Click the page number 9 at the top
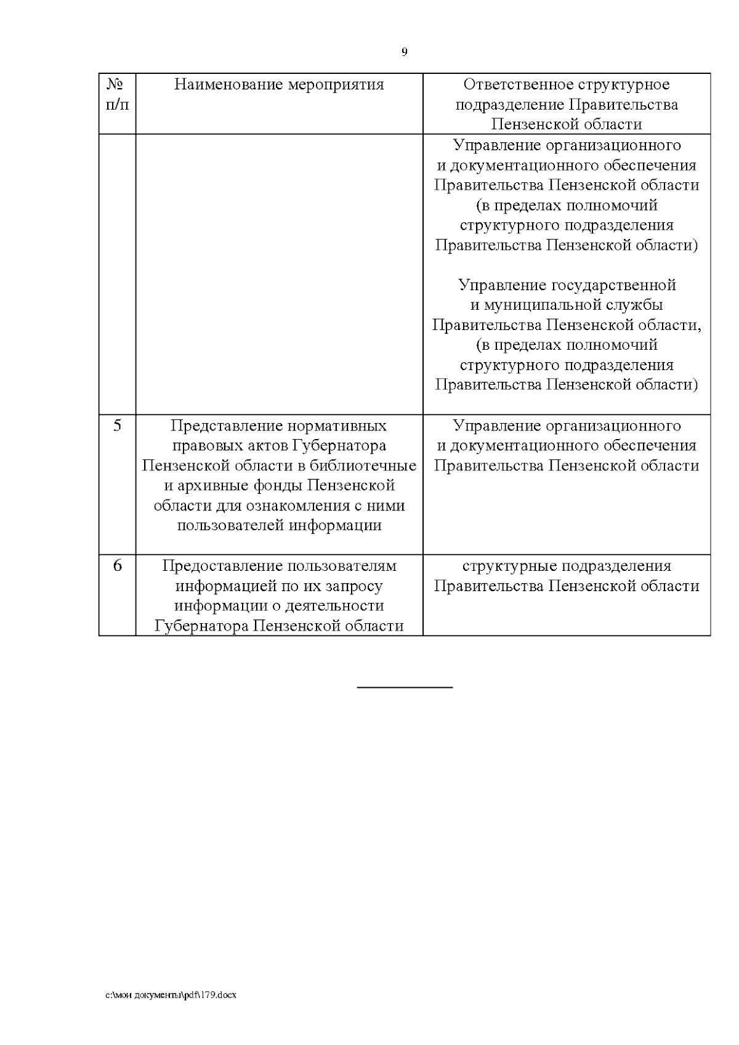click(x=404, y=52)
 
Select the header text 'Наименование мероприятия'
click(x=279, y=84)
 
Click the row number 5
click(x=117, y=426)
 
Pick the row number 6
click(x=117, y=565)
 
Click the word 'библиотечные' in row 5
click(x=360, y=466)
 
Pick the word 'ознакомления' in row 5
click(x=299, y=506)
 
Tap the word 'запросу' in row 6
click(x=356, y=586)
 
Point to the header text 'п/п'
click(x=117, y=104)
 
